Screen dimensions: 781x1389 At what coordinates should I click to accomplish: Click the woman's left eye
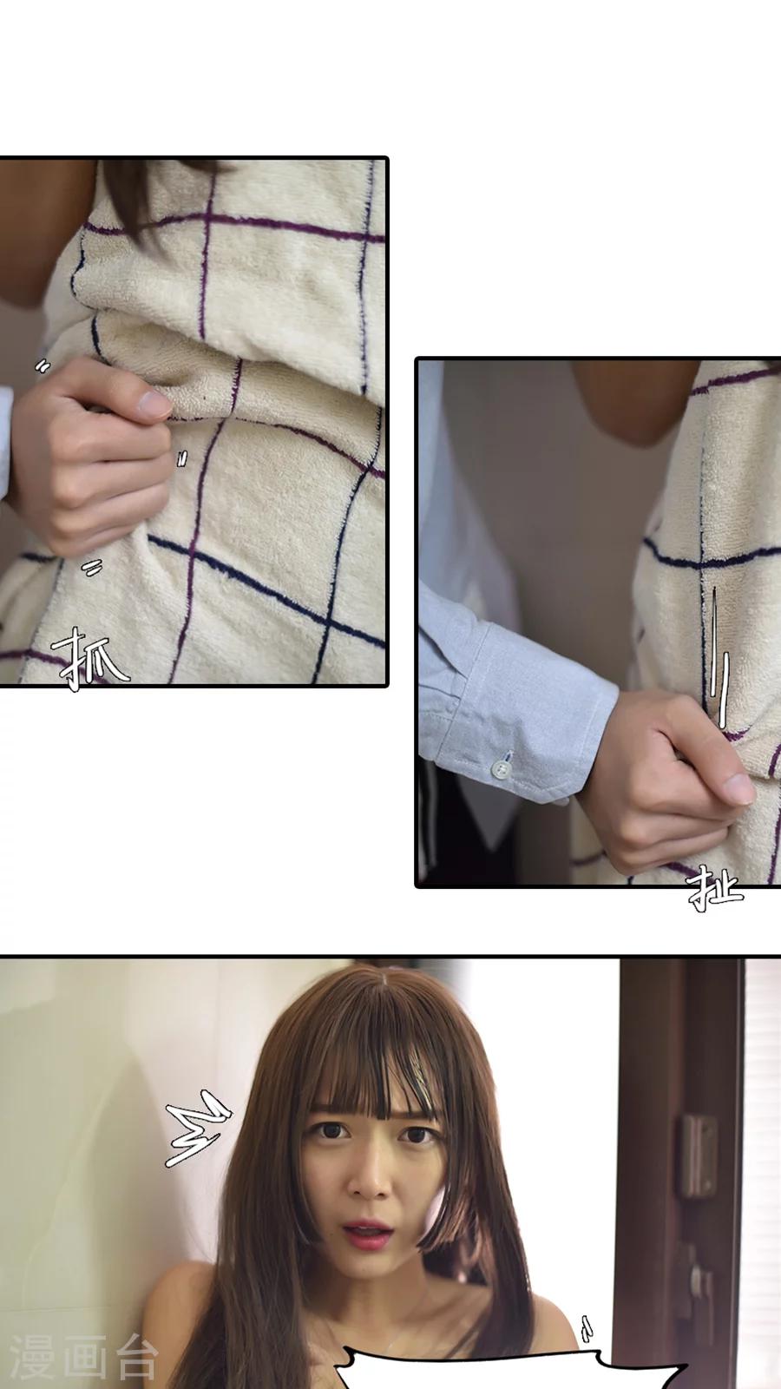coord(418,1136)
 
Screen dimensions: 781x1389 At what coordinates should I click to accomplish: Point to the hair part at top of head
coord(383,986)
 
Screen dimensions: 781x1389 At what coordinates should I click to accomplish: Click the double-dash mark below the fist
coord(93,568)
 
